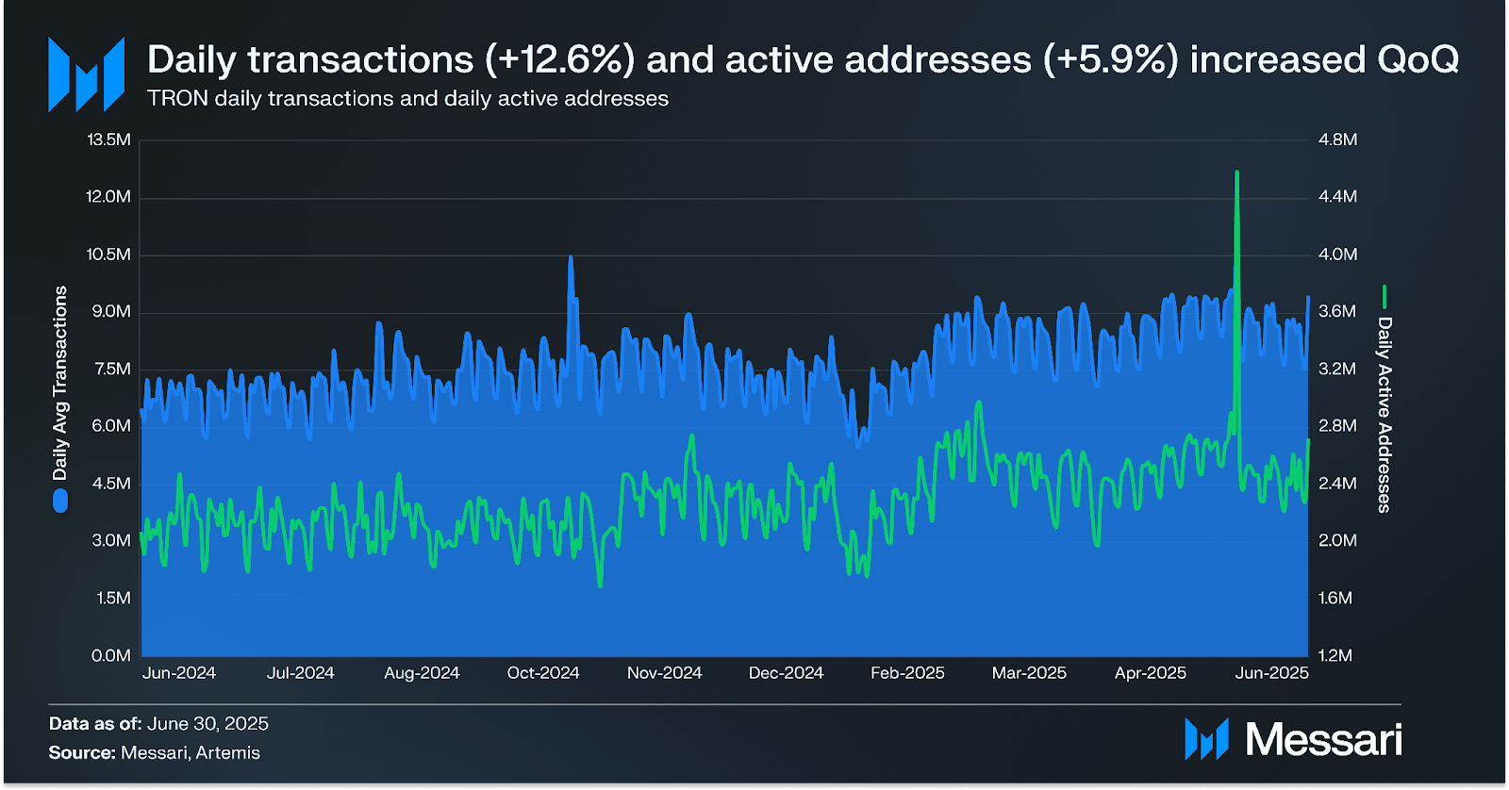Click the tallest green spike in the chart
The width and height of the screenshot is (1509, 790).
coord(1236,174)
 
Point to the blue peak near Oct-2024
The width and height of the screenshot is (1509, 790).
coord(571,258)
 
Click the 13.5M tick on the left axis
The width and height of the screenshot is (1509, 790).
coord(108,140)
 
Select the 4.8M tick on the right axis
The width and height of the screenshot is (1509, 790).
coord(1337,140)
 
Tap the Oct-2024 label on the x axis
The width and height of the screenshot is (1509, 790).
coord(543,673)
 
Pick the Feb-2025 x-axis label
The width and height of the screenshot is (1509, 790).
coord(907,673)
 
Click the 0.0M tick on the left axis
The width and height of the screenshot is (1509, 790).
coord(111,655)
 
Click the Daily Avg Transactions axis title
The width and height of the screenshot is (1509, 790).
coord(60,383)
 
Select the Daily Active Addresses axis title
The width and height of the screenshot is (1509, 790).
coord(1385,415)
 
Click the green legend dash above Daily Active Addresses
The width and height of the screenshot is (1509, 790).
coord(1385,297)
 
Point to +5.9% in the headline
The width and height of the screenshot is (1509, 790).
coord(1111,59)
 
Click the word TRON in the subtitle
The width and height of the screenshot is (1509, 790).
coord(177,99)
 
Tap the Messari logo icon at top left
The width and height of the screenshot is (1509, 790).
coord(87,74)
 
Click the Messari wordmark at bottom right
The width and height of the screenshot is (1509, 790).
coord(1323,740)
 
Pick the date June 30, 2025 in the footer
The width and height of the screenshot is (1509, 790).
coord(207,724)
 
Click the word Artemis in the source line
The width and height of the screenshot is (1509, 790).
coord(228,753)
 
